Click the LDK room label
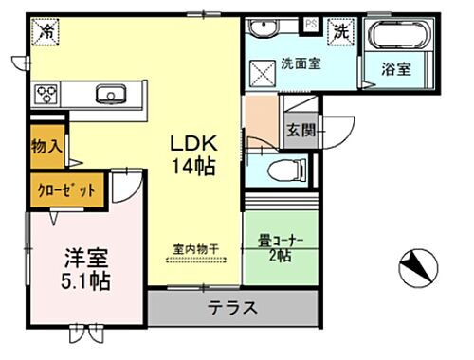click(194, 143)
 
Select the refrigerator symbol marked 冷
click(46, 32)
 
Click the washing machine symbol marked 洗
click(339, 30)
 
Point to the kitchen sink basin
click(111, 94)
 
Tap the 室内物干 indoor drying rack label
click(195, 249)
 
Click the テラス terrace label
click(231, 307)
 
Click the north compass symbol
click(418, 268)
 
